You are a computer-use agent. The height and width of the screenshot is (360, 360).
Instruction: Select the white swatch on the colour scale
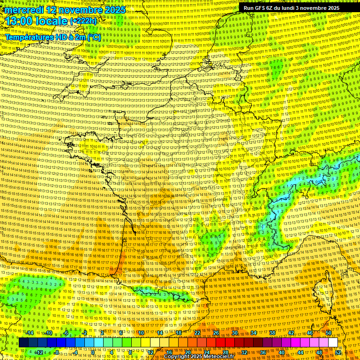pyautogui.click(x=333, y=343)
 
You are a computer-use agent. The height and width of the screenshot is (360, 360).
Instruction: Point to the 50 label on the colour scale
pyautogui.click(x=329, y=333)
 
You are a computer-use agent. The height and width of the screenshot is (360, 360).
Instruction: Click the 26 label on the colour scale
pyautogui.click(x=216, y=333)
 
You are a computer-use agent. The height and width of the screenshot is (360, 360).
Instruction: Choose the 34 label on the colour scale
pyautogui.click(x=254, y=333)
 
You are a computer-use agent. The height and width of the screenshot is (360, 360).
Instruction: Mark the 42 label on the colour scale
pyautogui.click(x=291, y=333)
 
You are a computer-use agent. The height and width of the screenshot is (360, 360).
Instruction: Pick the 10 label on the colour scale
pyautogui.click(x=141, y=333)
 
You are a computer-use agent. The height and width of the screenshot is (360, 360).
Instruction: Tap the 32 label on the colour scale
pyautogui.click(x=244, y=352)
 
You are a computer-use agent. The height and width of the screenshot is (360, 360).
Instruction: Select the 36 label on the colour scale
pyautogui.click(x=263, y=352)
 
